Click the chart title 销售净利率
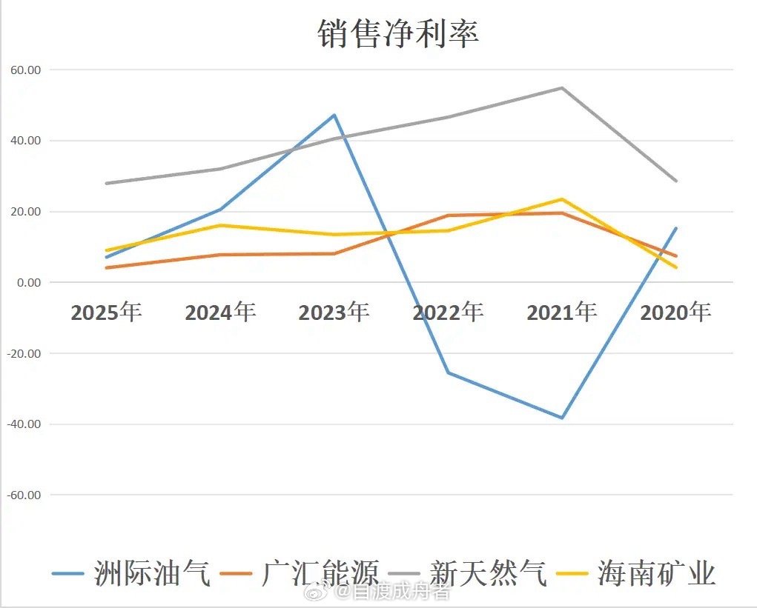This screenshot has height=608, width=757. [398, 34]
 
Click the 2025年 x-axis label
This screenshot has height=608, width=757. [106, 313]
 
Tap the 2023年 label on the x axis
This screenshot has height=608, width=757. [334, 313]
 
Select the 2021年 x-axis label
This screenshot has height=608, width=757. [561, 313]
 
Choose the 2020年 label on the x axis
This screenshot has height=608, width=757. [675, 313]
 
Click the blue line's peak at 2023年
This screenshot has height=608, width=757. [334, 115]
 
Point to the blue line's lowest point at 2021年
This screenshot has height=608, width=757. [562, 418]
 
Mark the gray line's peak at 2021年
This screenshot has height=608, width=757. [562, 88]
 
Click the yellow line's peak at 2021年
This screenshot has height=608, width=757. [562, 199]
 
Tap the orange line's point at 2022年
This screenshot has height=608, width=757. [448, 216]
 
